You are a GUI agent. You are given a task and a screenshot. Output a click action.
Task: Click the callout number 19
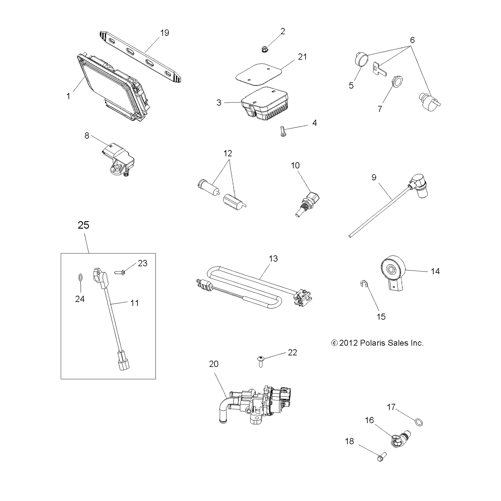click(x=165, y=33)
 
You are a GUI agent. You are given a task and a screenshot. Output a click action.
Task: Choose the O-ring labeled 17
click(x=419, y=423)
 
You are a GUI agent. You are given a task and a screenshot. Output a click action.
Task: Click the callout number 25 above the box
click(x=83, y=225)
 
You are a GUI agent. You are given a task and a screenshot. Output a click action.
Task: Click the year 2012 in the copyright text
click(x=349, y=343)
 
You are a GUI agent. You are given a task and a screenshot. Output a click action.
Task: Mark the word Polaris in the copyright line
click(x=372, y=343)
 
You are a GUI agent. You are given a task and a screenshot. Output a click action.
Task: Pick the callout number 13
click(x=273, y=259)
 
